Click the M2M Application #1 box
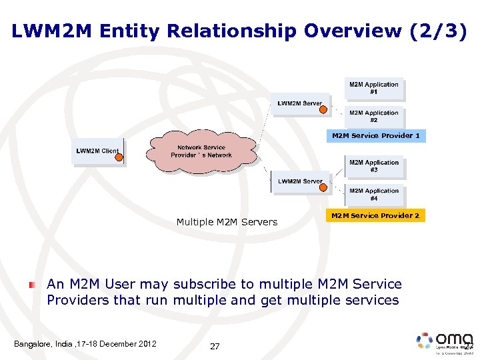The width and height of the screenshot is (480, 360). pyautogui.click(x=374, y=88)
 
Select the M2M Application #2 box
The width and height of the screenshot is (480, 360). pyautogui.click(x=374, y=117)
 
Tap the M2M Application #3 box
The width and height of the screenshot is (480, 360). pyautogui.click(x=374, y=166)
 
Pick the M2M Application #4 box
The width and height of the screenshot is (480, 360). pyautogui.click(x=374, y=195)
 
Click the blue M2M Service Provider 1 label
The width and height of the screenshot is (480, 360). pyautogui.click(x=376, y=136)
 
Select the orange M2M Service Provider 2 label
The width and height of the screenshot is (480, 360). pyautogui.click(x=375, y=215)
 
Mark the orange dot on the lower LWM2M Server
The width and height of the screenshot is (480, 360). pyautogui.click(x=323, y=187)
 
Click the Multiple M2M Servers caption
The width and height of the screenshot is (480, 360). pyautogui.click(x=227, y=222)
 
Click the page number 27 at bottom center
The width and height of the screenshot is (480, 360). pyautogui.click(x=215, y=346)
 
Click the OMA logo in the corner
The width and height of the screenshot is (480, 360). pyautogui.click(x=443, y=341)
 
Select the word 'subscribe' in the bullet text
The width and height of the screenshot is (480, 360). pyautogui.click(x=205, y=285)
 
